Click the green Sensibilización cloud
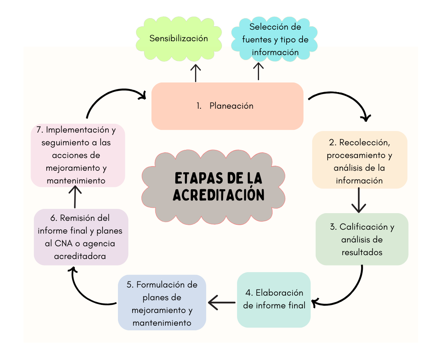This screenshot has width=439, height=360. tap(178, 39)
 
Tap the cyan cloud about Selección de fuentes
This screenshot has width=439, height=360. tap(274, 39)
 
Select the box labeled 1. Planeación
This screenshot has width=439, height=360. tap(227, 106)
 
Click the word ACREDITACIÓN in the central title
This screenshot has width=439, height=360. tap(219, 195)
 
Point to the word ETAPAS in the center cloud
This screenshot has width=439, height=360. tap(198, 178)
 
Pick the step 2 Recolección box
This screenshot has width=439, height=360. tap(360, 160)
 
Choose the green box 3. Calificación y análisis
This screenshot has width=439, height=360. tap(362, 239)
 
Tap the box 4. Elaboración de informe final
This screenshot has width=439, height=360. tap(274, 300)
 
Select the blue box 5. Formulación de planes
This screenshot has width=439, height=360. tap(162, 303)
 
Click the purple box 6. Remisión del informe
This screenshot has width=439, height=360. tap(81, 237)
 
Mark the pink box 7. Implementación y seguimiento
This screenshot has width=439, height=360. tap(78, 155)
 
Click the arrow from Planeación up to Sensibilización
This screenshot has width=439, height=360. tap(195, 73)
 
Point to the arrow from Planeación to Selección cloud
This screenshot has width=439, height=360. tap(258, 71)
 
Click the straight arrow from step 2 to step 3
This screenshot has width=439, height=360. tap(359, 200)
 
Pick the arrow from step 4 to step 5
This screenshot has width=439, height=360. tap(222, 302)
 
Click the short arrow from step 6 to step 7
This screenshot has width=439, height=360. tap(75, 197)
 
